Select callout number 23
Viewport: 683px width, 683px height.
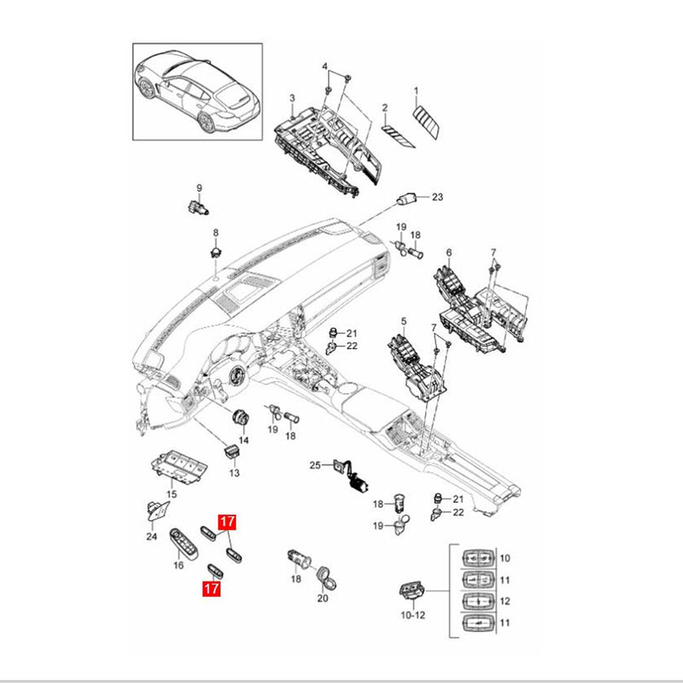(437, 197)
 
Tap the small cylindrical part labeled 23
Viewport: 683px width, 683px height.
(406, 198)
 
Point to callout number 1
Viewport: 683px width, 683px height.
(417, 90)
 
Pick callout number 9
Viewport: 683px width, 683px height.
(199, 188)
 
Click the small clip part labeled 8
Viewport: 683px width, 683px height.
(215, 251)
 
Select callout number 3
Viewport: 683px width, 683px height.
(292, 98)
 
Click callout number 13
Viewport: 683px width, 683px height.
(234, 472)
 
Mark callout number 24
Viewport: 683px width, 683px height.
(151, 536)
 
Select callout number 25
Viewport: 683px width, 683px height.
(313, 465)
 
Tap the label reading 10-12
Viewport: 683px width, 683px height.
(413, 614)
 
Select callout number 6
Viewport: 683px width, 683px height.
(449, 253)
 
